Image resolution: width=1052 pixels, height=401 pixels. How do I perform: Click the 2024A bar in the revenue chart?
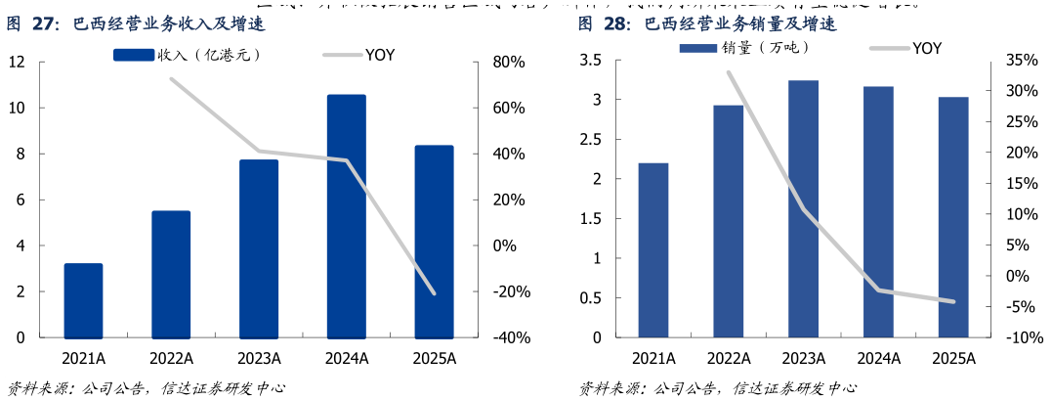pyautogui.click(x=346, y=215)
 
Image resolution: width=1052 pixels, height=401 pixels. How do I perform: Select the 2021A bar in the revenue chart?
pyautogui.click(x=83, y=300)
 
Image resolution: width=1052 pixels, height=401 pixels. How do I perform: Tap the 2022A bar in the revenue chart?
pyautogui.click(x=171, y=274)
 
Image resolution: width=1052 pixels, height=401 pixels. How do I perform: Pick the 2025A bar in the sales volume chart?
pyautogui.click(x=953, y=217)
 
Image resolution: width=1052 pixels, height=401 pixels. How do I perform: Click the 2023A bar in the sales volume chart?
pyautogui.click(x=803, y=208)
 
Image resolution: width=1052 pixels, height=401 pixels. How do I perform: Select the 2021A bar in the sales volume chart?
pyautogui.click(x=652, y=249)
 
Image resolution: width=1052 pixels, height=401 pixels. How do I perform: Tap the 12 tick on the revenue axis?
pyautogui.click(x=17, y=62)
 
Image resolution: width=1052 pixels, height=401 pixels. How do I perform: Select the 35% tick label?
pyautogui.click(x=1022, y=61)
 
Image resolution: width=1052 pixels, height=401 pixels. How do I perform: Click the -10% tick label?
pyautogui.click(x=1020, y=337)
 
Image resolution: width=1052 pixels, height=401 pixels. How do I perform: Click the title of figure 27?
pyautogui.click(x=137, y=23)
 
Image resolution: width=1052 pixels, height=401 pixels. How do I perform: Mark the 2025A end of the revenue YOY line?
pyautogui.click(x=434, y=293)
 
